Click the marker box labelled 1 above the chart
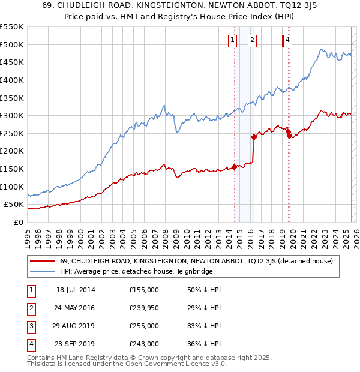coord(232,40)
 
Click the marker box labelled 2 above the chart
coord(252,40)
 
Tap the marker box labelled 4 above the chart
coord(288,40)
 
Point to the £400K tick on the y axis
coord(12,80)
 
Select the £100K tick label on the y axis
coord(12,187)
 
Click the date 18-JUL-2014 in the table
coord(76,290)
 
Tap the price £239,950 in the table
coord(144,308)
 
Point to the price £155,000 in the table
coord(144,290)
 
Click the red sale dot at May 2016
coord(254,137)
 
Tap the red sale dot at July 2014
coord(234,167)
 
